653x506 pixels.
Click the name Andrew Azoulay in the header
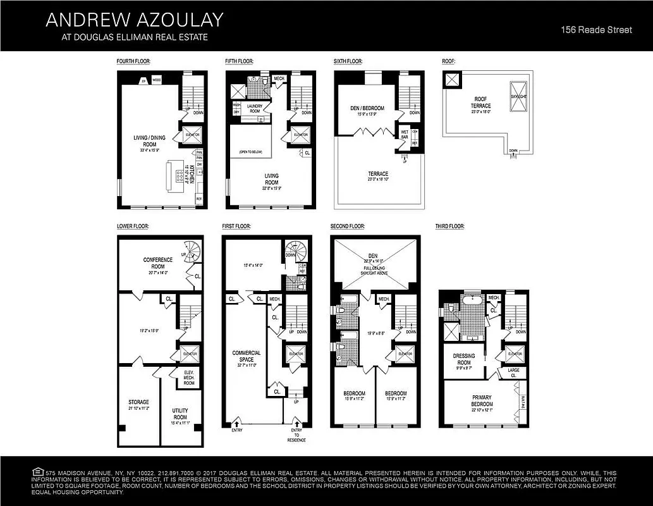coord(134,20)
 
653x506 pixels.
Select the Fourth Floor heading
coord(133,61)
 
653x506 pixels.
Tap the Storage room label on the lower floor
coord(138,402)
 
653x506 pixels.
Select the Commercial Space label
coord(247,356)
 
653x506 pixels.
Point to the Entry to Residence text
coord(296,435)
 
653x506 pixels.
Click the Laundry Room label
coord(255,109)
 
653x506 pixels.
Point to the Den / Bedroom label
coord(367,108)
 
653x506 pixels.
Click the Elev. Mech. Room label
coord(189,378)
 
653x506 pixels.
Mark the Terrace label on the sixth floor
coord(379,173)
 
